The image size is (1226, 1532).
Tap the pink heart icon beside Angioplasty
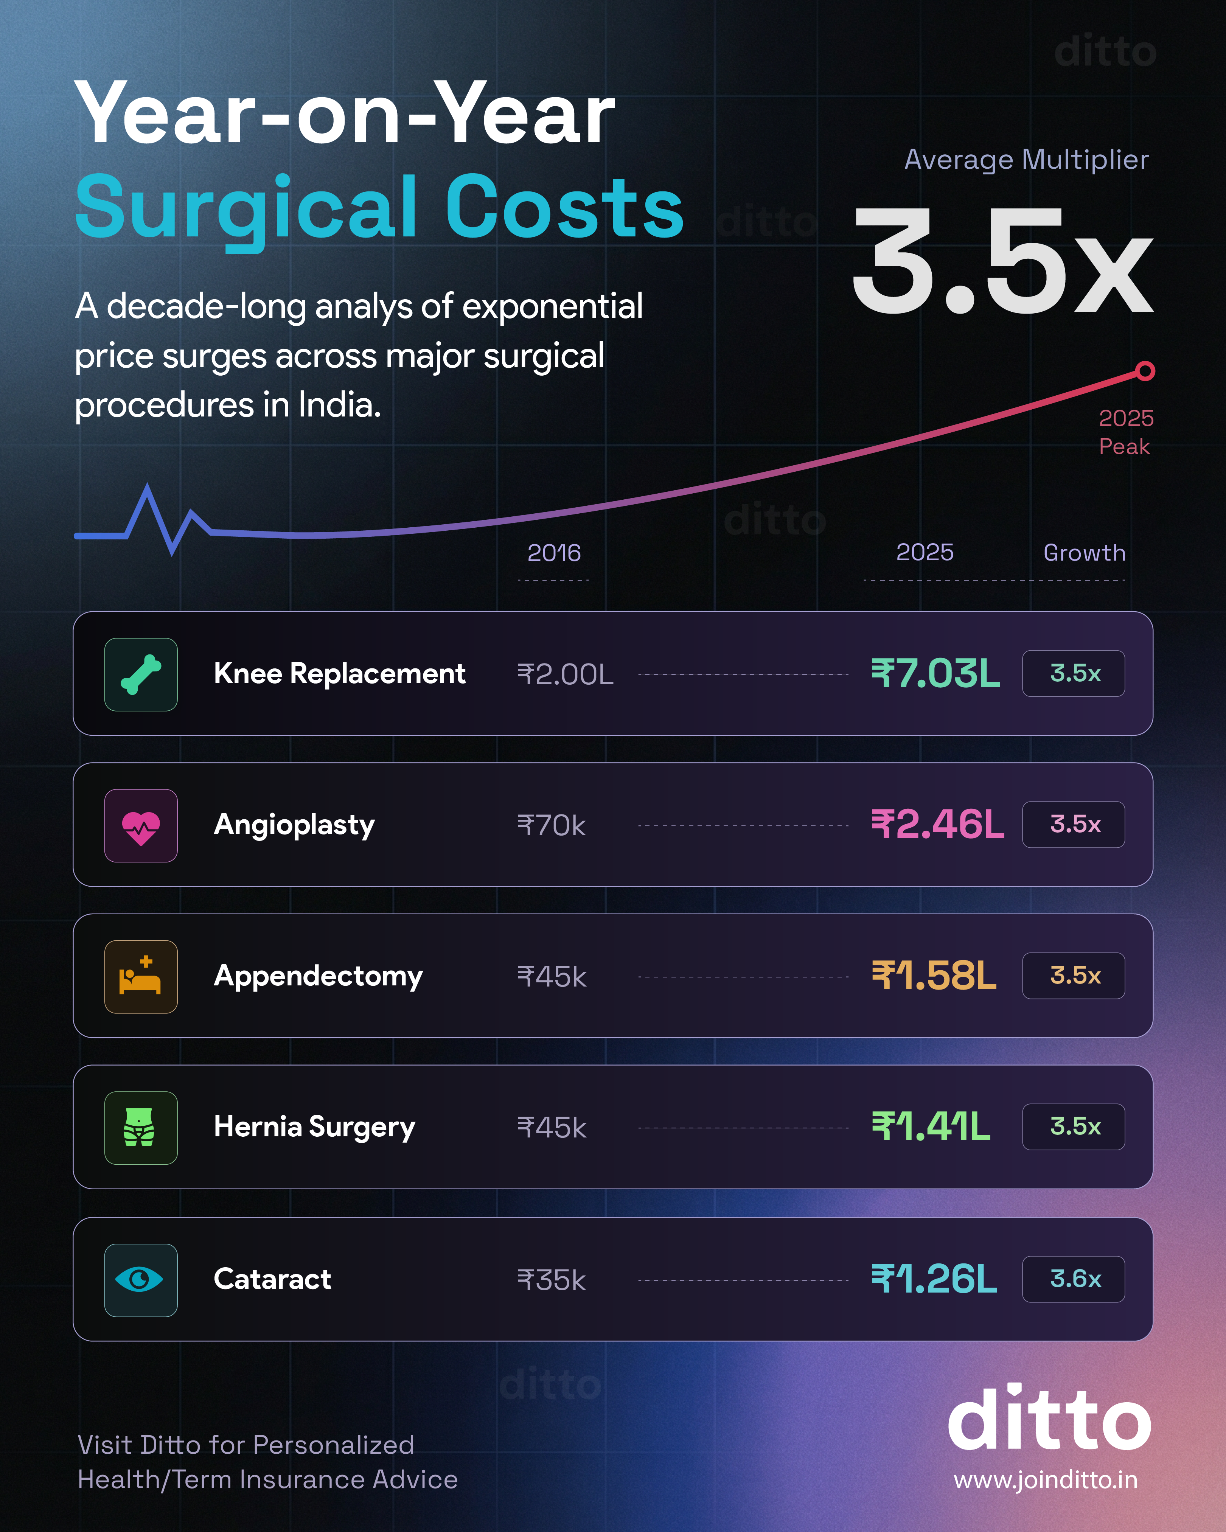[141, 826]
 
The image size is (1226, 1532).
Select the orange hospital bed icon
[141, 976]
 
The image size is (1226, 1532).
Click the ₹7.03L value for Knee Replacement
[935, 674]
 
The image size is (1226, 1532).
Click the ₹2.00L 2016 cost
[565, 674]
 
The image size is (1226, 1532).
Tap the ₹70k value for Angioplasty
[552, 826]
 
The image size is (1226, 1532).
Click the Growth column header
[1084, 553]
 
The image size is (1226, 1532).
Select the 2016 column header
[554, 553]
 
